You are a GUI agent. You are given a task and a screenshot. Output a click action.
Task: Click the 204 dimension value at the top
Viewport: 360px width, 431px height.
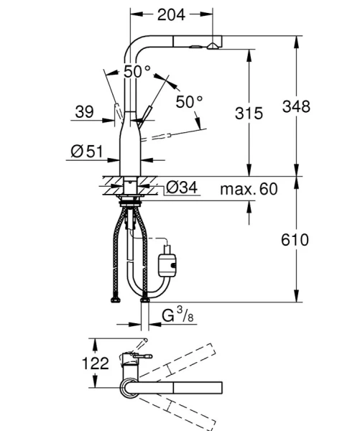(172, 14)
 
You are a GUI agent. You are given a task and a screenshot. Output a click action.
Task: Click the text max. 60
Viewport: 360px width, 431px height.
(249, 189)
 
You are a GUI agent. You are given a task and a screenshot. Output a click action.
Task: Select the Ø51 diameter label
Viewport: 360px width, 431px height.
(85, 151)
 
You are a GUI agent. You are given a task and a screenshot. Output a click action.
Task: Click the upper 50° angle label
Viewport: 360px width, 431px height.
(137, 71)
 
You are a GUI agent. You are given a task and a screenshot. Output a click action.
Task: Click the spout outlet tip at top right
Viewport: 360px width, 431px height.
(213, 44)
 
